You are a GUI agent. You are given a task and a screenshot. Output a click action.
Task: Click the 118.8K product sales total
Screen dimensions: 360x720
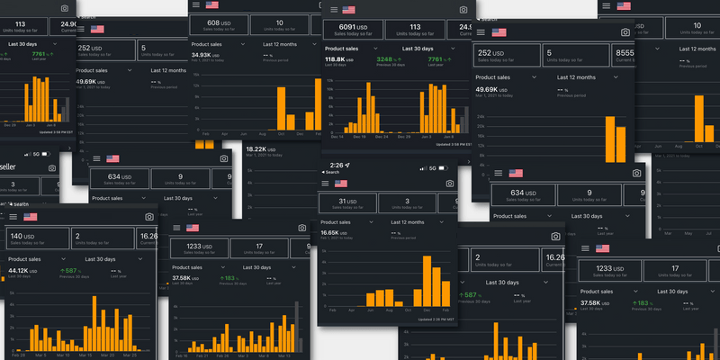click(340, 59)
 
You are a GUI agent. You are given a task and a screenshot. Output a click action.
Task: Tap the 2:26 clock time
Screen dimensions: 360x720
click(337, 166)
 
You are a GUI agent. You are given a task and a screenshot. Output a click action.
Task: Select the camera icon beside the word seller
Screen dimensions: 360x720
click(51, 167)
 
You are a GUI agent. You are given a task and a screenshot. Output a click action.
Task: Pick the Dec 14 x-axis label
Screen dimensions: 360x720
click(337, 136)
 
